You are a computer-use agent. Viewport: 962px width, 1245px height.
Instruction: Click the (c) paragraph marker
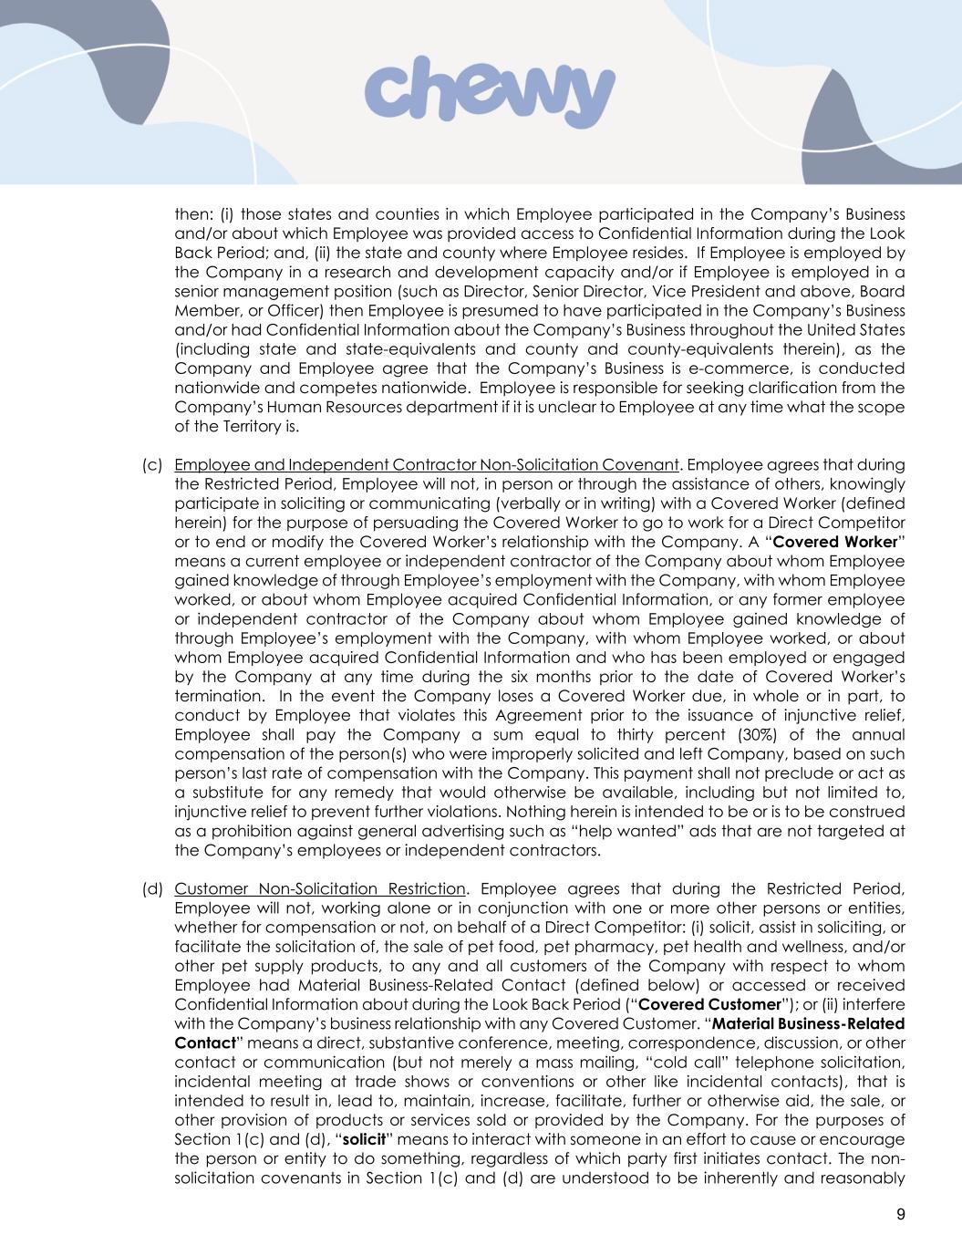click(152, 464)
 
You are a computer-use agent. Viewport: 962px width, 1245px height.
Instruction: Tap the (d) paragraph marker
click(152, 888)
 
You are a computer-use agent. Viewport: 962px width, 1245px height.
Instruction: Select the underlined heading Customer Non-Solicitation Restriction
click(319, 888)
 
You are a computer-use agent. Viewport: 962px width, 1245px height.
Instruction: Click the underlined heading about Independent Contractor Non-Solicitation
click(426, 464)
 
